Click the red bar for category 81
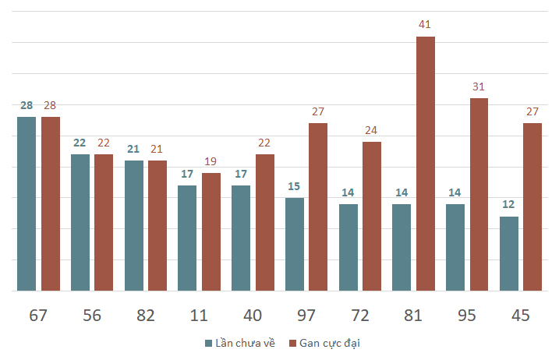(426, 164)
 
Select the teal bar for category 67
(27, 204)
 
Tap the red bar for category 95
(479, 195)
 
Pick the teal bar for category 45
(509, 254)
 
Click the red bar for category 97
(318, 207)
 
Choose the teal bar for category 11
(187, 238)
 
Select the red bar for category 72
(372, 217)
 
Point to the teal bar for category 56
(80, 223)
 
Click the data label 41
(424, 25)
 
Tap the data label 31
(479, 86)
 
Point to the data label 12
(508, 204)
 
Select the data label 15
(294, 186)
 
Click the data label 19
(211, 161)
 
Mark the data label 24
(371, 130)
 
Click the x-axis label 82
(146, 316)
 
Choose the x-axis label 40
(253, 316)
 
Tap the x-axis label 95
(467, 316)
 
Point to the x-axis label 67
(38, 316)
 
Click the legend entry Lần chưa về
(240, 343)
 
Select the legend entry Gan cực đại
(324, 344)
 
